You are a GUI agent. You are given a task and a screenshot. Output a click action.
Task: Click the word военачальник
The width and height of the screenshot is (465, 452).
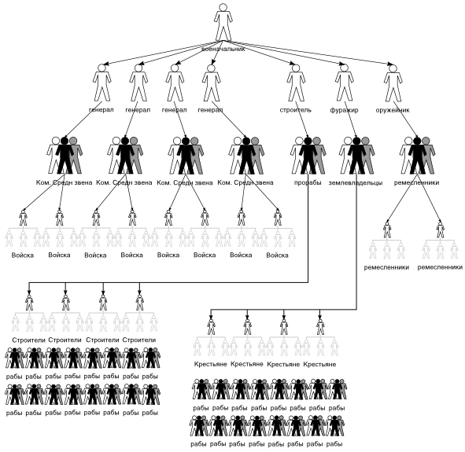[x=223, y=50]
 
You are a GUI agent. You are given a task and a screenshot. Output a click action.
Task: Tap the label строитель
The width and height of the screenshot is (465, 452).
[x=295, y=110]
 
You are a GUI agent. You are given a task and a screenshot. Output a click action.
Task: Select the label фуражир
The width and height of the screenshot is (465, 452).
[x=344, y=110]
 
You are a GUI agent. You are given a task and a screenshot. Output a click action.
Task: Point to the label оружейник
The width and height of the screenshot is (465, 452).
[x=393, y=110]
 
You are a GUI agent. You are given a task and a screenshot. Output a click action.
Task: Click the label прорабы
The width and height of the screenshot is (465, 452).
[x=308, y=182]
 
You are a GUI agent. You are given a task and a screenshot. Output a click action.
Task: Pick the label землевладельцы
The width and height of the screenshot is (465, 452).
[x=356, y=182]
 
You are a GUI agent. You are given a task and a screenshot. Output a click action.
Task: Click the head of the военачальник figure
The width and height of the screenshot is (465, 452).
[x=223, y=7]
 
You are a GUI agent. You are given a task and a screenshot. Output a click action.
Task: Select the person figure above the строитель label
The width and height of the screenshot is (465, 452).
[x=295, y=83]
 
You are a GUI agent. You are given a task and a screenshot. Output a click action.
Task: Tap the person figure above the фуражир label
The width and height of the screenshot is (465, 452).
[x=344, y=83]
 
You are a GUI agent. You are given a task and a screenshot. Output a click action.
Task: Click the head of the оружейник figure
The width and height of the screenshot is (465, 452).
[x=393, y=68]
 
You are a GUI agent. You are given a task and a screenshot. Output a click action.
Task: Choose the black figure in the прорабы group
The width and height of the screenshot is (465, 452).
[x=308, y=156]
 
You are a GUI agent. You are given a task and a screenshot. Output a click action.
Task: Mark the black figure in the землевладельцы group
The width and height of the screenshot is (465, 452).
[x=356, y=156]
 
